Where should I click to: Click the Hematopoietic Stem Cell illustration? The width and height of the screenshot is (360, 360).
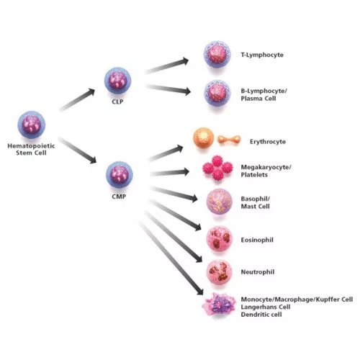click(32, 125)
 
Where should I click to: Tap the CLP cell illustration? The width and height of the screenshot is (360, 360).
click(117, 81)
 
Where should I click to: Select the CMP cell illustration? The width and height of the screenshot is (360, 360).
click(120, 174)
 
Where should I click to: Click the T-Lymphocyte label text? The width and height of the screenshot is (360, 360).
click(262, 55)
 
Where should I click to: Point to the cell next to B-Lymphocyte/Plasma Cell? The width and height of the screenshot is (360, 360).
click(217, 94)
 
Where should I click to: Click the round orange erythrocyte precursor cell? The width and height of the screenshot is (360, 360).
click(204, 138)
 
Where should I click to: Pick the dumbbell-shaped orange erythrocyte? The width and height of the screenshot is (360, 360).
click(229, 140)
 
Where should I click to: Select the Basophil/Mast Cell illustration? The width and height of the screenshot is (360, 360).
click(220, 202)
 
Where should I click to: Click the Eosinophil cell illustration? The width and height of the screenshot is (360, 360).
click(220, 239)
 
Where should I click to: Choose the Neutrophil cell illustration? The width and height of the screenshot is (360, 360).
click(220, 273)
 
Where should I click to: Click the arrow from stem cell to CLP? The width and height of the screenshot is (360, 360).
click(77, 99)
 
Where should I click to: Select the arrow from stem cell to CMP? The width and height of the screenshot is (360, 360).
click(77, 150)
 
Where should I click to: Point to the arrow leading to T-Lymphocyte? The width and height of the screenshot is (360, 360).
click(167, 66)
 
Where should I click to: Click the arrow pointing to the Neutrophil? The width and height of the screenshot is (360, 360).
click(174, 237)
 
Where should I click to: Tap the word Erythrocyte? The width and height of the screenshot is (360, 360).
click(268, 142)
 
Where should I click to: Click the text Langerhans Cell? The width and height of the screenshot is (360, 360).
click(266, 307)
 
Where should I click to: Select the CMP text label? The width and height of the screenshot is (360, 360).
click(119, 197)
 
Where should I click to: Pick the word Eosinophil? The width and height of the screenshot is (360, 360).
click(257, 240)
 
